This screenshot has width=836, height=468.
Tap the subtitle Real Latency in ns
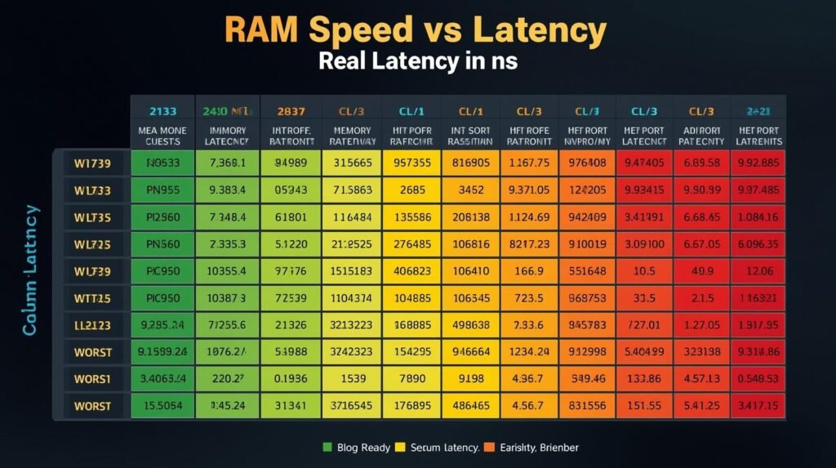(418, 61)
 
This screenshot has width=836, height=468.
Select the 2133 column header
(162, 109)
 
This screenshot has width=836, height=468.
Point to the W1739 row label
(94, 162)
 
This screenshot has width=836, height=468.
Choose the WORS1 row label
(94, 379)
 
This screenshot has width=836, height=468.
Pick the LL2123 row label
(94, 324)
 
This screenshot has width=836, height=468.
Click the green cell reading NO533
(162, 162)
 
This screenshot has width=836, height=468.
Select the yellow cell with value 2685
(412, 189)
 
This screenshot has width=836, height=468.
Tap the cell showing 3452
(471, 189)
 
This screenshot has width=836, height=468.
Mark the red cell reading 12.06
(760, 270)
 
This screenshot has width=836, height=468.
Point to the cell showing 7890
(412, 379)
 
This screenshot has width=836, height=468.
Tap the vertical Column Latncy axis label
(31, 270)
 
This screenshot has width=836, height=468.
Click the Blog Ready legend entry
(351, 448)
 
